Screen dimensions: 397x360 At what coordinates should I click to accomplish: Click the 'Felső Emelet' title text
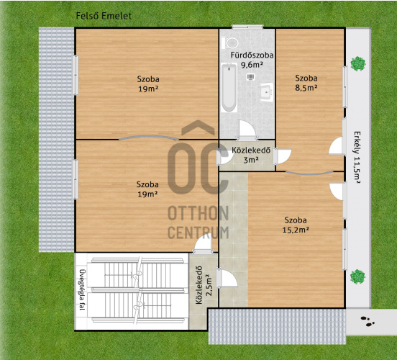[x=104, y=16]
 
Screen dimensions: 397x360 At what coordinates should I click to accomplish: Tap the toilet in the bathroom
[x=230, y=43]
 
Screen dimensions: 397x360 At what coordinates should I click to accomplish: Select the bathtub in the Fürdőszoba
[x=229, y=88]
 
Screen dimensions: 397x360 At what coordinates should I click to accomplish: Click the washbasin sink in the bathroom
[x=266, y=92]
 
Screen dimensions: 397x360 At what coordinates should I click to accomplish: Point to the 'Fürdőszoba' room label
[x=252, y=55]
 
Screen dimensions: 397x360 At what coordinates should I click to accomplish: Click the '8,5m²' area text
[x=306, y=88]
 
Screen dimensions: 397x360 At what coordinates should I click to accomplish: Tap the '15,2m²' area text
[x=296, y=230]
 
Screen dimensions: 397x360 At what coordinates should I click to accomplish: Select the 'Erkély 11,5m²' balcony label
[x=357, y=157]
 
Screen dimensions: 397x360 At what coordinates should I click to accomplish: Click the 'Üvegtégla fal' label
[x=82, y=289]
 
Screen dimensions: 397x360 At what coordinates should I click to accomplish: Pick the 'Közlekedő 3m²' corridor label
[x=251, y=155]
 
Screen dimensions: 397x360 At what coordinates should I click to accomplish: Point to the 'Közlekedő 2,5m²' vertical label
[x=204, y=285]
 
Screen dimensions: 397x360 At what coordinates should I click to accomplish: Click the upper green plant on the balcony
[x=358, y=63]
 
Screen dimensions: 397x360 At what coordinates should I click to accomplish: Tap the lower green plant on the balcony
[x=357, y=276]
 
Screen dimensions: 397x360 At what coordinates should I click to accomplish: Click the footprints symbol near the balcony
[x=368, y=321]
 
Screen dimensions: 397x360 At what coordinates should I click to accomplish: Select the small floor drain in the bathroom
[x=251, y=77]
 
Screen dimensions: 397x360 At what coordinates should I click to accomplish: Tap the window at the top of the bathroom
[x=247, y=27]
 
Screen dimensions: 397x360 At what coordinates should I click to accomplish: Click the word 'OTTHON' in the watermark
[x=198, y=213]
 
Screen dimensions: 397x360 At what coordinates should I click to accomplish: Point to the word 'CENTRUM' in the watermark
[x=198, y=233]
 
